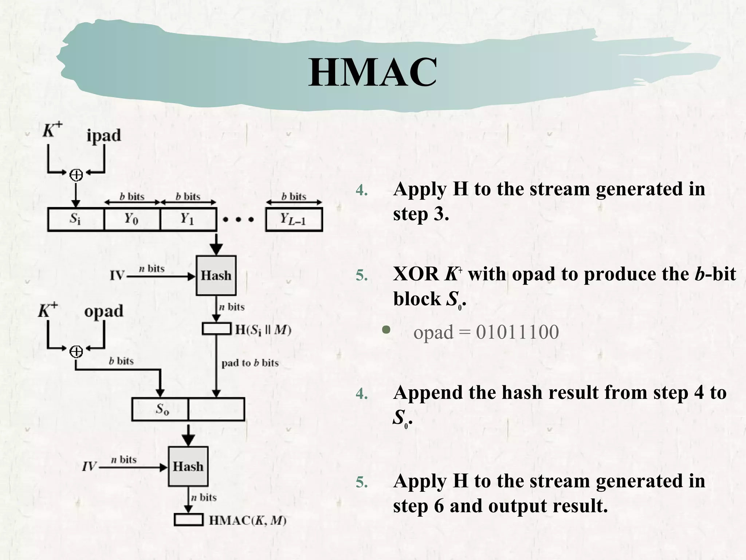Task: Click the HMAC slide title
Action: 372,73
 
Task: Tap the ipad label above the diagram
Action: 103,136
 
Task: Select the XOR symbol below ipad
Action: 76,175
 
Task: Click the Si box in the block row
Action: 75,219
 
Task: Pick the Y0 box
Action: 131,219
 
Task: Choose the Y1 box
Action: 188,219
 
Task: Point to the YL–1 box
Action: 294,219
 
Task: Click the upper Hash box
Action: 216,276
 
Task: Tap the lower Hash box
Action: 188,466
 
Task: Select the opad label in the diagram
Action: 103,311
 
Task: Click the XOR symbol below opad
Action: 76,351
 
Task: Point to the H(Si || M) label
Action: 263,330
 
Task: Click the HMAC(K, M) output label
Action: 248,520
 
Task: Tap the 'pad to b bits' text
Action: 250,363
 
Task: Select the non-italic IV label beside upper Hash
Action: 117,276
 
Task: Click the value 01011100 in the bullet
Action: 517,332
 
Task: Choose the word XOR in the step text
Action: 416,274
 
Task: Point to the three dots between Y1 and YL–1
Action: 239,219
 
